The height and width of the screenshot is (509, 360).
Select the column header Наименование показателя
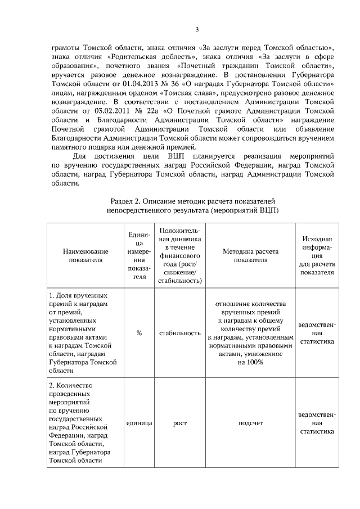click(85, 256)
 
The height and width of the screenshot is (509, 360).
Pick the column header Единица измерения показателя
click(139, 256)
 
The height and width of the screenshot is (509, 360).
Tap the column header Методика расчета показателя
click(250, 256)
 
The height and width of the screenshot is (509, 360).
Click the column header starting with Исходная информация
click(317, 256)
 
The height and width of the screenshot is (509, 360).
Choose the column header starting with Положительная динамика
click(180, 256)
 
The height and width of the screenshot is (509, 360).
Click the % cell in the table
click(139, 333)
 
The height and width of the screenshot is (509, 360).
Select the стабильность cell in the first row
click(180, 333)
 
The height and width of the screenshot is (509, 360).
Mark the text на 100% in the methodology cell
click(250, 362)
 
